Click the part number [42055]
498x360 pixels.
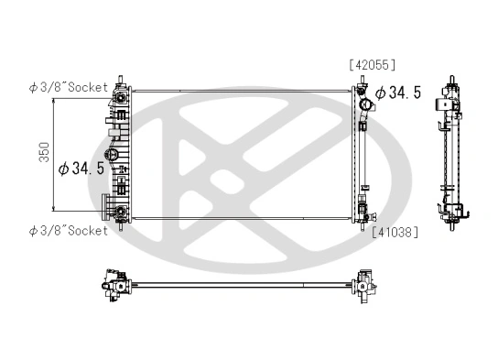[x=371, y=64]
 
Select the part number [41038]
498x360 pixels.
[x=395, y=232]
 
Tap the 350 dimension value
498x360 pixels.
[x=43, y=153]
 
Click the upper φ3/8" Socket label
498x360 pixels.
[x=68, y=88]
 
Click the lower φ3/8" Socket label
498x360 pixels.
[x=68, y=230]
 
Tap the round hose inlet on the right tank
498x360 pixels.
[x=362, y=93]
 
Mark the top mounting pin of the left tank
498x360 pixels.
[x=120, y=80]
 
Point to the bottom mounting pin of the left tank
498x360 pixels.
[x=120, y=228]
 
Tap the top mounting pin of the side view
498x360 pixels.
[x=449, y=80]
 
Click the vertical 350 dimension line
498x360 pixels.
[x=57, y=153]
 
